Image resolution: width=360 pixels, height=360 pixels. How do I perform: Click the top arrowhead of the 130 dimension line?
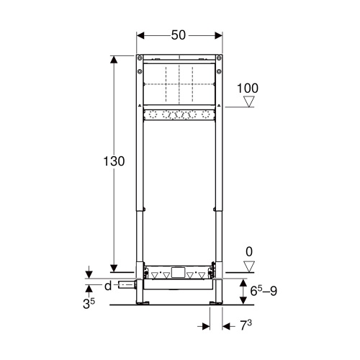[113, 59]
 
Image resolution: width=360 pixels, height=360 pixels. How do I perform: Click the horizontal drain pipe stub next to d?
[128, 286]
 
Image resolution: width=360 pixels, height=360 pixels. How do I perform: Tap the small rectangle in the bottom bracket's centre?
[179, 273]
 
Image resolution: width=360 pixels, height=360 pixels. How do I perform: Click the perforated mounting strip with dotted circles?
[179, 114]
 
